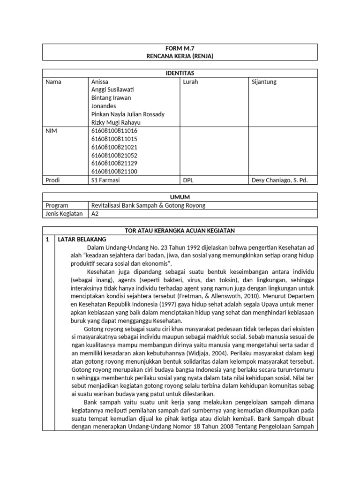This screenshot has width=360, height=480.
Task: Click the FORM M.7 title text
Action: [x=180, y=48]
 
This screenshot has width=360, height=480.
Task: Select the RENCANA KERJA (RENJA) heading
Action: [x=180, y=56]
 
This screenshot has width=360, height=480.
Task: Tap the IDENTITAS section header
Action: [x=180, y=73]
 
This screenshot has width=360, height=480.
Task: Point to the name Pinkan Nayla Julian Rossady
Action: [x=128, y=114]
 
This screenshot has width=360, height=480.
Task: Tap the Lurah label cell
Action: [x=190, y=82]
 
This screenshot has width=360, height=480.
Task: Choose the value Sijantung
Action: [x=264, y=82]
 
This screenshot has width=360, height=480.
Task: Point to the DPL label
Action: [x=188, y=180]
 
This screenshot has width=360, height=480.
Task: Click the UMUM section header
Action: [x=180, y=197]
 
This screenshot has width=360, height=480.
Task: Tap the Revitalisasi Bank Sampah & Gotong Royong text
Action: [x=148, y=205]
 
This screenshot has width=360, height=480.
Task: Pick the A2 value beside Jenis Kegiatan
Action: [x=95, y=214]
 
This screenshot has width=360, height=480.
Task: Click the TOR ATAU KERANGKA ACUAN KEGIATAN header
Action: [x=180, y=230]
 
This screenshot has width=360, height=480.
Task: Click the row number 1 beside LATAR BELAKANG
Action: [x=47, y=239]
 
